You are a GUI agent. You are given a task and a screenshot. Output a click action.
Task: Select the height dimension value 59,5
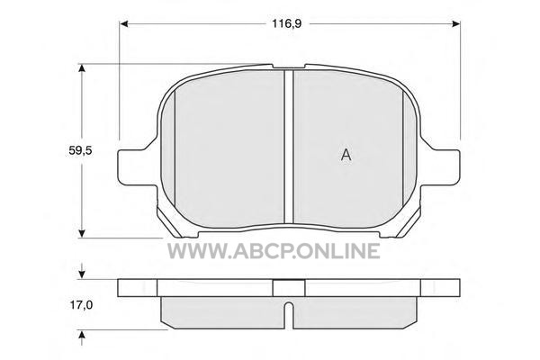pyautogui.click(x=81, y=150)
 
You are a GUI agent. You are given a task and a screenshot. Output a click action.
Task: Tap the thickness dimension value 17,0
pyautogui.click(x=81, y=305)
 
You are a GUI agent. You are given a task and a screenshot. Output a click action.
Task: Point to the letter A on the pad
pyautogui.click(x=346, y=155)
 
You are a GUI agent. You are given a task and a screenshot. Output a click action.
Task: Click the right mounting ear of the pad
pyautogui.click(x=440, y=167)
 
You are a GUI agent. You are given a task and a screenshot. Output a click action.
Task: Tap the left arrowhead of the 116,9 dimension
pyautogui.click(x=124, y=23)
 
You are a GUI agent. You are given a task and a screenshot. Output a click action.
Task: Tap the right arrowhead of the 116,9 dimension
pyautogui.click(x=455, y=23)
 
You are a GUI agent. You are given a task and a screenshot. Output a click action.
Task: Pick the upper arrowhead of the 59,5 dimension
pyautogui.click(x=82, y=68)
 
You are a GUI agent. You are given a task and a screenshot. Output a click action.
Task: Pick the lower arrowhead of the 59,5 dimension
pyautogui.click(x=82, y=233)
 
